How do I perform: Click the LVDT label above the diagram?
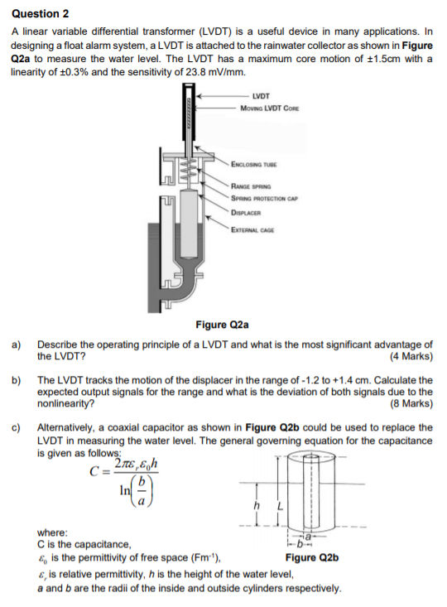260,97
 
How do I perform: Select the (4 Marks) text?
411,357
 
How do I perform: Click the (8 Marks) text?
411,404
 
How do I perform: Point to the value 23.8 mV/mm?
218,72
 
